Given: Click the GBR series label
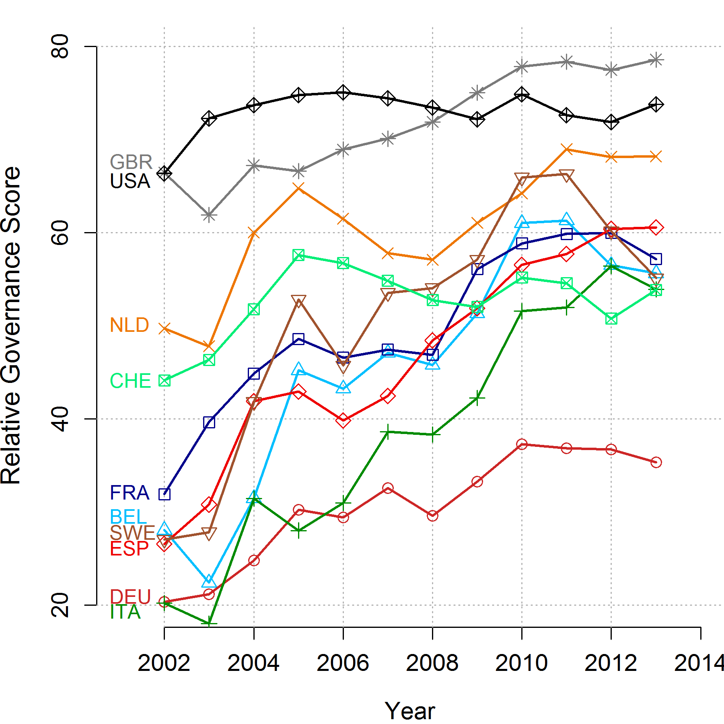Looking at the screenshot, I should point(131,162).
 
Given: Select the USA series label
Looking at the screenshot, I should point(130,181).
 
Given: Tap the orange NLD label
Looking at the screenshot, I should point(130,325).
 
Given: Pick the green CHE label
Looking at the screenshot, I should point(130,381).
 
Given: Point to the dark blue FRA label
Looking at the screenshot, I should point(130,493).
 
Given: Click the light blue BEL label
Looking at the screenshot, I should point(128,517).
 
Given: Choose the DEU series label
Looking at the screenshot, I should point(130,597).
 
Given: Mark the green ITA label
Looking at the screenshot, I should point(125,612).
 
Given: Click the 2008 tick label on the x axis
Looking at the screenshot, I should point(432,663).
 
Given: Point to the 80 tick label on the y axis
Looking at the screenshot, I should point(60,47).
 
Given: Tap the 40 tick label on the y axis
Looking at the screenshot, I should point(60,419).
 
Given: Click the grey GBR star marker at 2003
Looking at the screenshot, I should point(209,215).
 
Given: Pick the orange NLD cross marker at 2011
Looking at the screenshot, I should point(566,149).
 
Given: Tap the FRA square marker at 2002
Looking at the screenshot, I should point(164,494).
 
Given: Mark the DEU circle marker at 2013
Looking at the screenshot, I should point(656,462).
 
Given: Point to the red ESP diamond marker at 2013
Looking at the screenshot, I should point(656,228).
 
